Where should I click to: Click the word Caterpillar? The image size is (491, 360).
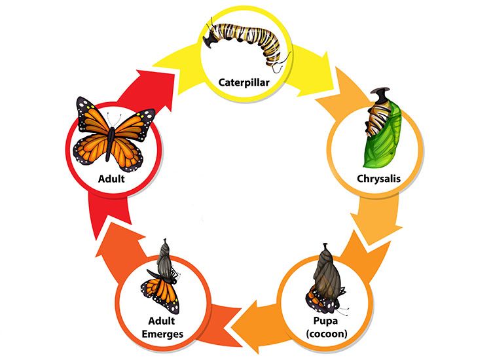coord(244,82)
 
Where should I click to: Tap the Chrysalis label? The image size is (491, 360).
coord(378,179)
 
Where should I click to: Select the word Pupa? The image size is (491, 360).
coord(325,321)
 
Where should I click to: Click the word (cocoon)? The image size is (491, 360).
coord(327,334)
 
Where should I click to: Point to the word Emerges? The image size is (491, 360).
coord(162,334)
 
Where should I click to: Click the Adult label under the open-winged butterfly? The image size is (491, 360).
coord(111,179)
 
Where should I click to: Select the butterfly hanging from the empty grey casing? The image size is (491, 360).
coord(161,291)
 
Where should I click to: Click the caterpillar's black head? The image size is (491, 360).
coord(210,39)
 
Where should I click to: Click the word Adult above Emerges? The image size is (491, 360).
coord(162,321)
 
